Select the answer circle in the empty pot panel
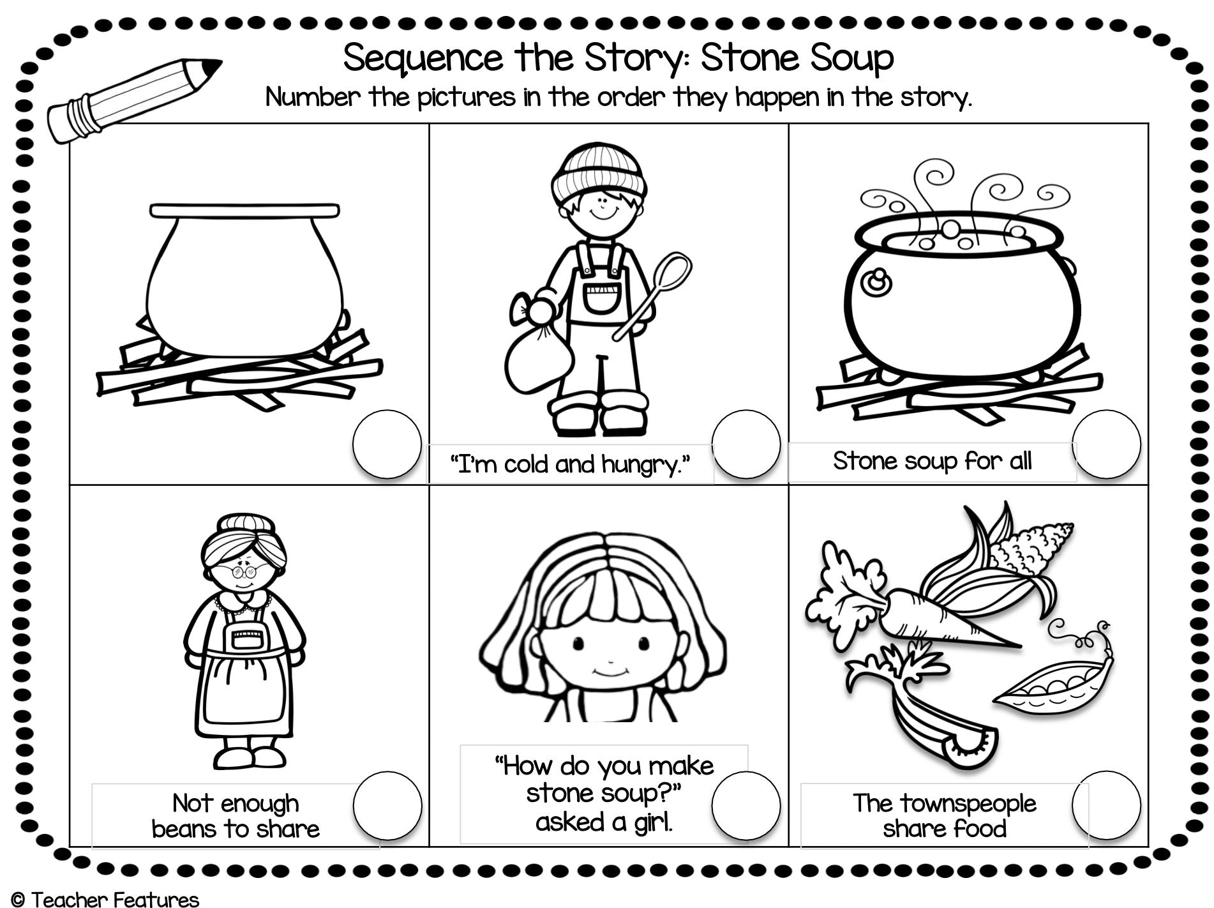387,444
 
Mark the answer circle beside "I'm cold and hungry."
746,444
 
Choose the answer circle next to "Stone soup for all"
1106,444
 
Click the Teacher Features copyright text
105,900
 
